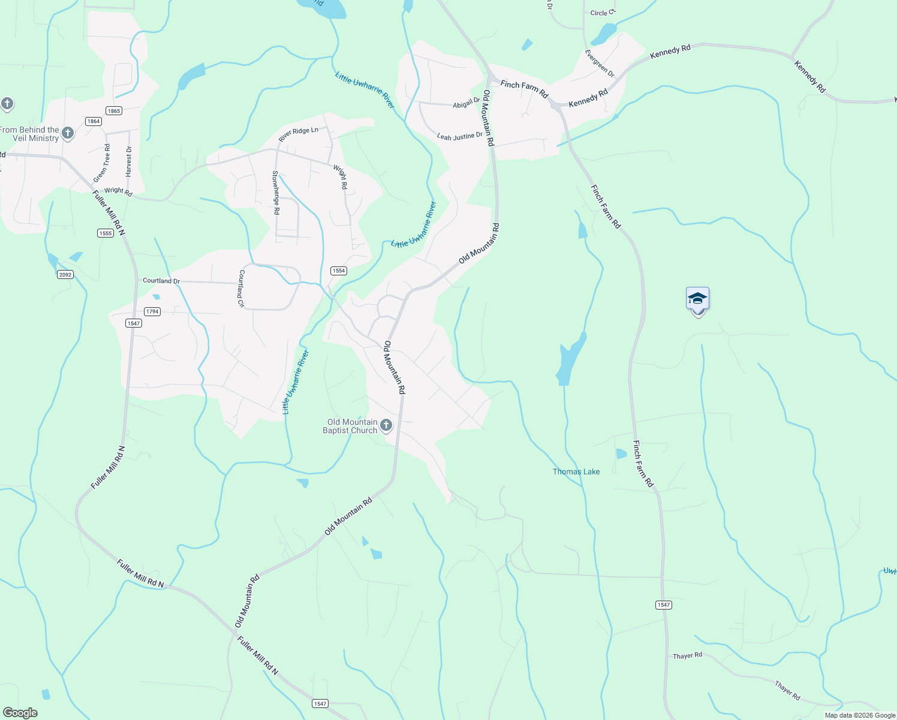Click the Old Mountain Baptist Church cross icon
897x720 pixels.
tap(386, 425)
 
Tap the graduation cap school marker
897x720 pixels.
tap(697, 298)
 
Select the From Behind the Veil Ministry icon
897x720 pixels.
tap(68, 133)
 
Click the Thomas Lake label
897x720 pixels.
tap(576, 472)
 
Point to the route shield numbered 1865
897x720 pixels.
tap(113, 110)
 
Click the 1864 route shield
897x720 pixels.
tap(93, 121)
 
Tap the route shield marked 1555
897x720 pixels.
tap(106, 233)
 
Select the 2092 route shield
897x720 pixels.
tap(65, 275)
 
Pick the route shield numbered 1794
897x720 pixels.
tap(152, 311)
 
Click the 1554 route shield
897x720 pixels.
tap(339, 271)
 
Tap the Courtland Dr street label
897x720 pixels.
tap(161, 281)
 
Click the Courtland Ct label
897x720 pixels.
tap(242, 289)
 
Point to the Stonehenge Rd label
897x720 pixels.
tap(276, 193)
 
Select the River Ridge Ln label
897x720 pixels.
tap(298, 134)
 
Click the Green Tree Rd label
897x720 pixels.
tap(102, 163)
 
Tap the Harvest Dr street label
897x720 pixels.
tap(128, 161)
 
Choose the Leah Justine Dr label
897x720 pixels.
tap(459, 137)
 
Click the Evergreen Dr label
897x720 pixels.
tap(600, 64)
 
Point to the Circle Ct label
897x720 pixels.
tap(603, 13)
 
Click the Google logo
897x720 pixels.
tap(20, 713)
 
